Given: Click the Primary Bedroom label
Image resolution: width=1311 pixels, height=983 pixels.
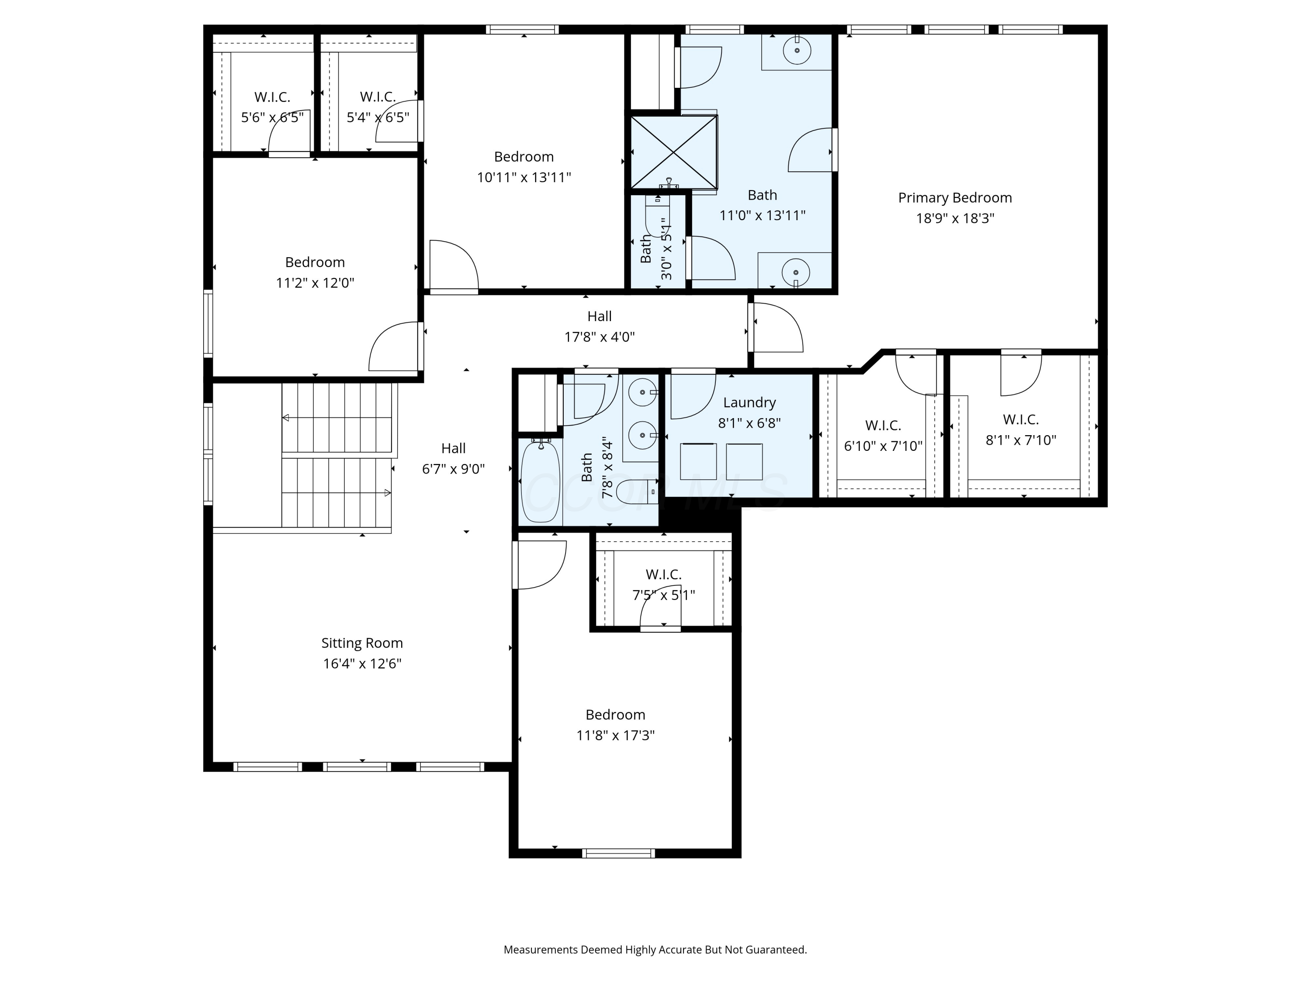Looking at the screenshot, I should [x=954, y=198].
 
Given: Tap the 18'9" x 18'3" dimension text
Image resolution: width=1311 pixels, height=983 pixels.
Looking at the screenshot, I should [x=954, y=218].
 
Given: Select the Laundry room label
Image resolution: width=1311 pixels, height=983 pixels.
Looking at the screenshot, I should [x=749, y=403].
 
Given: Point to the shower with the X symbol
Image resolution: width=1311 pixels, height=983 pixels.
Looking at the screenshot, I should [x=673, y=152].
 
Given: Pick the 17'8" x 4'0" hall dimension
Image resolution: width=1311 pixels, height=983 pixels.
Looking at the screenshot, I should [x=599, y=337].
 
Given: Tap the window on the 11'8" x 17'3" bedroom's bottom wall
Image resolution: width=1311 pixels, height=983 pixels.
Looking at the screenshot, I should [x=618, y=853].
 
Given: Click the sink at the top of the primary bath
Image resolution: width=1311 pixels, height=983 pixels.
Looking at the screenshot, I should [x=797, y=51].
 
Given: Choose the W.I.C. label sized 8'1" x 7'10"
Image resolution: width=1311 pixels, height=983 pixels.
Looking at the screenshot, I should [x=1020, y=419].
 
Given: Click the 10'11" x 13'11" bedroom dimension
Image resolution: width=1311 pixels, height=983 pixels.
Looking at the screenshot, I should [x=524, y=177].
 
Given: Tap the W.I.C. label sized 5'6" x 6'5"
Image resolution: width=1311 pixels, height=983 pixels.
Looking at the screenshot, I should [x=272, y=97].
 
